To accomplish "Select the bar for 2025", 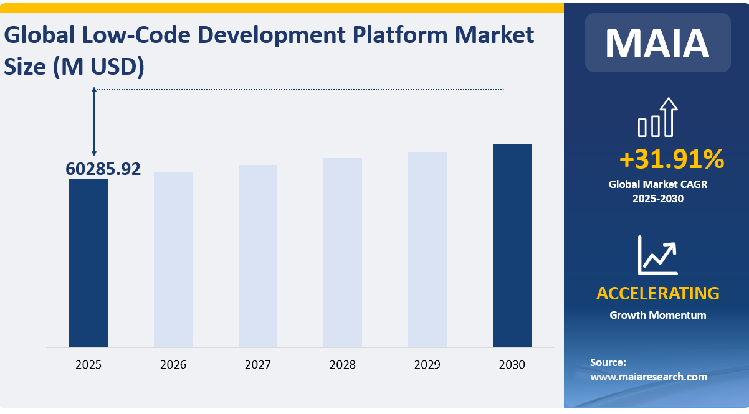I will pos(88,263).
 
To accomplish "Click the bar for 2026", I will pos(173,259).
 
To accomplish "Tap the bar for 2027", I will pos(258,256).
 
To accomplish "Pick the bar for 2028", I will pos(343,252).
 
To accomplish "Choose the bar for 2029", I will pos(427,249).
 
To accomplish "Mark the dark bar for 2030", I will pos(512,245).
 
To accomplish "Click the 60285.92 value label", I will pos(103,169).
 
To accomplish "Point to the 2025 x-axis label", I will pos(88,365).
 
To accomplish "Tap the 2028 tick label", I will pos(343,365).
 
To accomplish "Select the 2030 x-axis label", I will pos(512,365).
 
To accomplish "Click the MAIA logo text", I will pos(657,42).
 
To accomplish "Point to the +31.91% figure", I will pos(671,159).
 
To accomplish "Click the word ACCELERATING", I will pos(658,293).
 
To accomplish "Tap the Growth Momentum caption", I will pos(658,315).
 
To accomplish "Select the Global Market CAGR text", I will pos(658,184).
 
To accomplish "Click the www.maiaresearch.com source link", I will pos(649,377).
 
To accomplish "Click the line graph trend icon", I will pos(657,255).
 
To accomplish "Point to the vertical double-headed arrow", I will pos(94,121).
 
